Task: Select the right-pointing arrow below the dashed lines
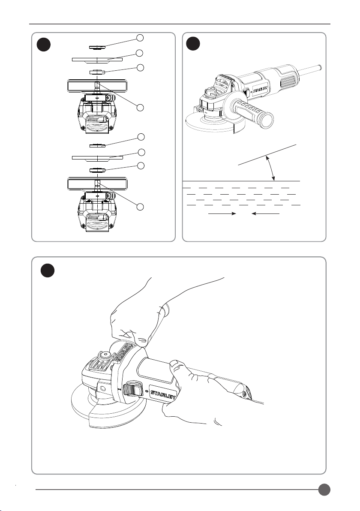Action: tap(222, 213)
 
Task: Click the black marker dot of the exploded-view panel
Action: tap(43, 44)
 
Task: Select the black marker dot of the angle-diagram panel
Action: tap(194, 44)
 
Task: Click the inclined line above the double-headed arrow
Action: tap(267, 154)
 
